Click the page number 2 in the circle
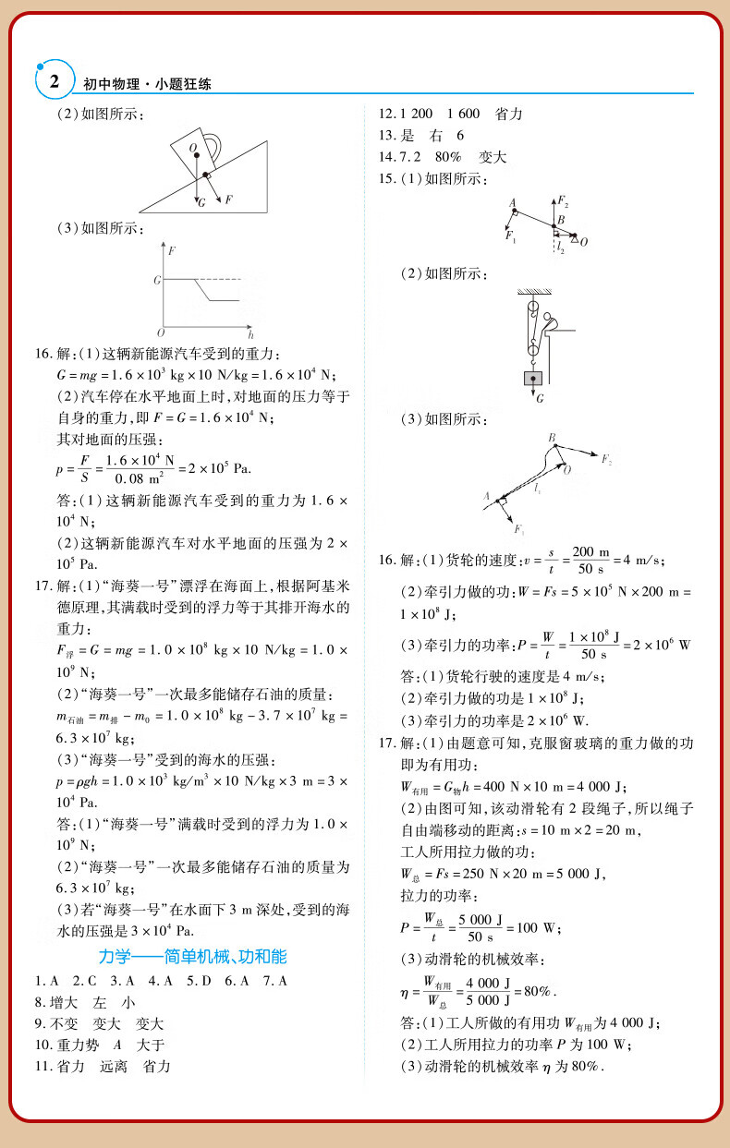coord(54,81)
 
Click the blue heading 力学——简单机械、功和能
coord(192,956)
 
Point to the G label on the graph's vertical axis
coord(157,278)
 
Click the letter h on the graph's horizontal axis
coord(250,333)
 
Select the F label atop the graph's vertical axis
coord(172,250)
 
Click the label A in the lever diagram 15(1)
coord(512,202)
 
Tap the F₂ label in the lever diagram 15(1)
coord(563,201)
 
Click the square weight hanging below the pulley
coord(532,378)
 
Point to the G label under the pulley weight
coord(540,398)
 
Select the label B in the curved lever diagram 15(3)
coord(552,437)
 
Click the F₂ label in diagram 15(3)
coord(607,459)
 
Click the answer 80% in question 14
coord(448,157)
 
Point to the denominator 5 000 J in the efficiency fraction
coord(490,1000)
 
